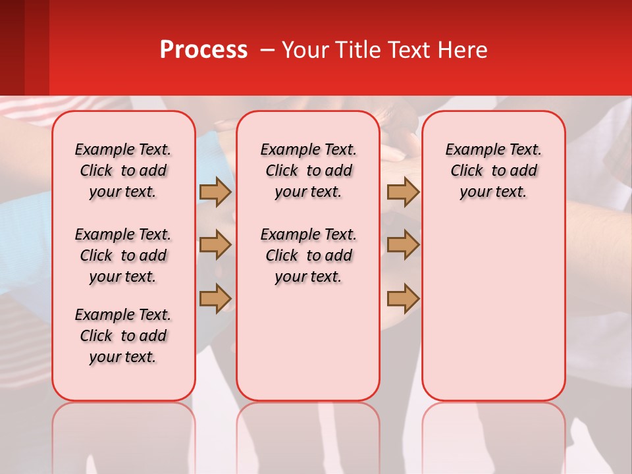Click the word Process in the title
pos(203,49)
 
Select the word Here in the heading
pos(463,49)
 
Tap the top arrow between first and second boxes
pos(215,192)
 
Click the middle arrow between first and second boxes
pos(215,246)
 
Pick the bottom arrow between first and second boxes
pos(215,298)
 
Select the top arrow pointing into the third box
pos(403,192)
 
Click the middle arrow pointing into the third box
pos(403,246)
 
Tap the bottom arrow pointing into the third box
pos(403,298)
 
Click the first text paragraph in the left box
pos(123,171)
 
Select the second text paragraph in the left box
pos(123,255)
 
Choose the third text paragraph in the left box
pos(123,336)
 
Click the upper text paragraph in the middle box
pos(308,171)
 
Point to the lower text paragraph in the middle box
pos(308,255)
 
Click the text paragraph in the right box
pos(493,171)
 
